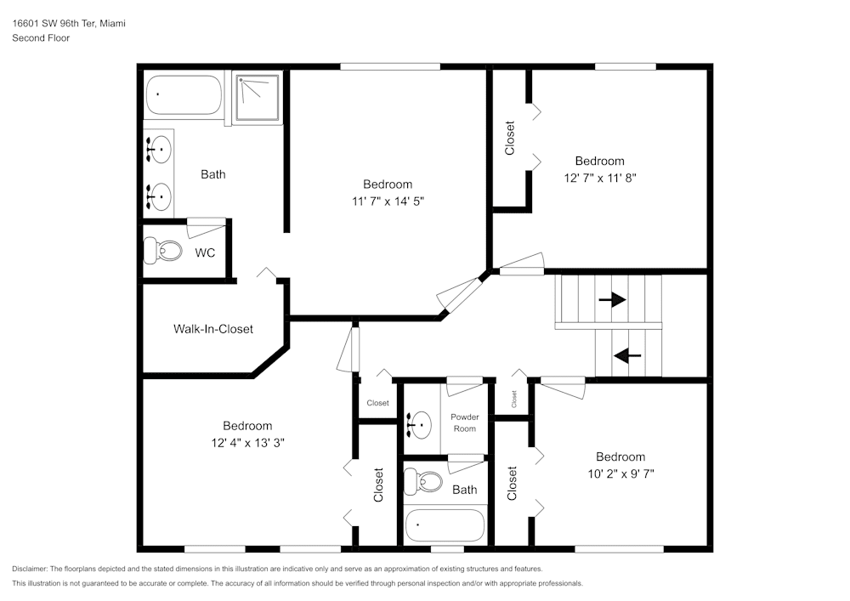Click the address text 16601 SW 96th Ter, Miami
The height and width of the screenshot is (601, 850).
pos(69,24)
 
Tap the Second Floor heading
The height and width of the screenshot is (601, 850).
pos(41,38)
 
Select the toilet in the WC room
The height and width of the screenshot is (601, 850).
pos(163,251)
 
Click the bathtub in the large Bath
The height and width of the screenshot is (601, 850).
pos(184,95)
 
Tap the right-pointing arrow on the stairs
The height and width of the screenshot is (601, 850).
pos(612,300)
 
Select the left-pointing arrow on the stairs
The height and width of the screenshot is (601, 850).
pos(627,355)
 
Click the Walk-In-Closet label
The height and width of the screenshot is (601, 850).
pos(213,329)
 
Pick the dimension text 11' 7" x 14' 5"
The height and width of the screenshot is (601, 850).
pos(388,201)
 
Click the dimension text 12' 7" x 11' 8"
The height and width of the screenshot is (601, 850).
pos(599,178)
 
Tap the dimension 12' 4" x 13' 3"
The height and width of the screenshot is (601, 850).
pos(247,443)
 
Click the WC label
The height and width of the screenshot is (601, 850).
pos(205,253)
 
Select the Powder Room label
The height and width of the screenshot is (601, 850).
pos(464,422)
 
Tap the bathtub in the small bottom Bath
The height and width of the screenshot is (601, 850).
pos(445,525)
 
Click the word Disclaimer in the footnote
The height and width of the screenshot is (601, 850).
pos(31,569)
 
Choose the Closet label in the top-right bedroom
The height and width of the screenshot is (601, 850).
pos(510,139)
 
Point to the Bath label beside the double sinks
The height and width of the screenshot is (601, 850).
pos(213,174)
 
